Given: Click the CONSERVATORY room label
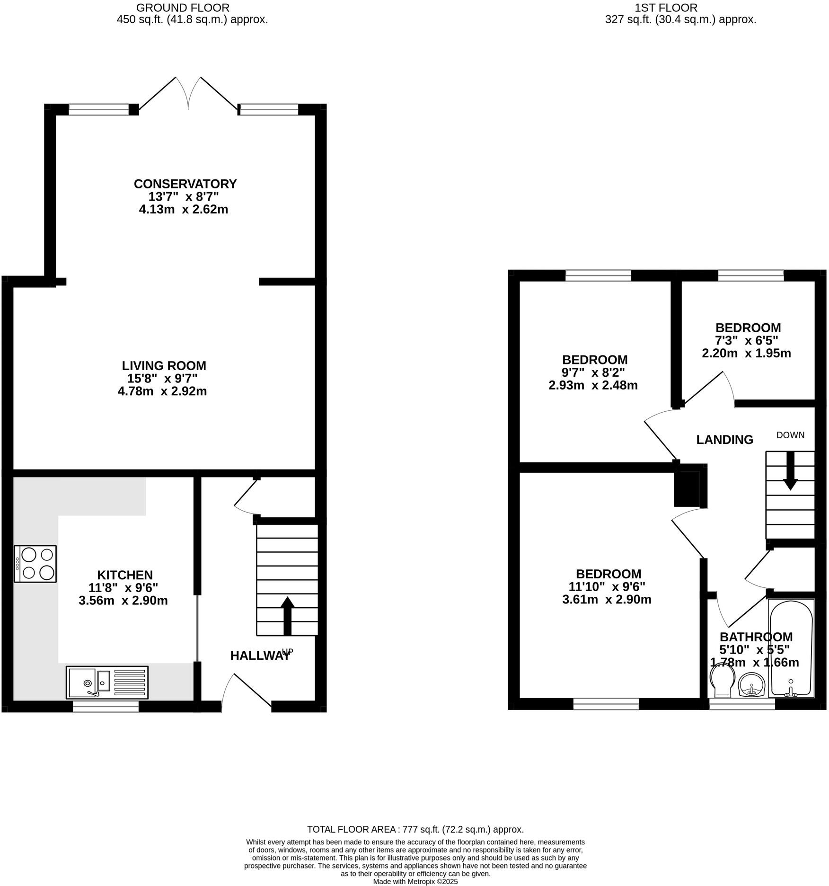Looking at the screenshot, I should click(x=185, y=184).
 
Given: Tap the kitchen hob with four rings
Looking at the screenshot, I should click(x=35, y=564).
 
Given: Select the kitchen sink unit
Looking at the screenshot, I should click(x=107, y=682).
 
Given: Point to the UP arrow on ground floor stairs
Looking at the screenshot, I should click(x=287, y=615).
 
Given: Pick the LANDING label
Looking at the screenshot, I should click(x=724, y=440).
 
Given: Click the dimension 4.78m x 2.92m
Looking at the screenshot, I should click(x=162, y=391).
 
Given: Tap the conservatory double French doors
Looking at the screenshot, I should click(x=188, y=95).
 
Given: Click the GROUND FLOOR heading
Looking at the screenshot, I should click(x=183, y=8).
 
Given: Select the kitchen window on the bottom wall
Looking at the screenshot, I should click(x=106, y=707).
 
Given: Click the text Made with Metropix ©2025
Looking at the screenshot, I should click(x=415, y=882).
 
